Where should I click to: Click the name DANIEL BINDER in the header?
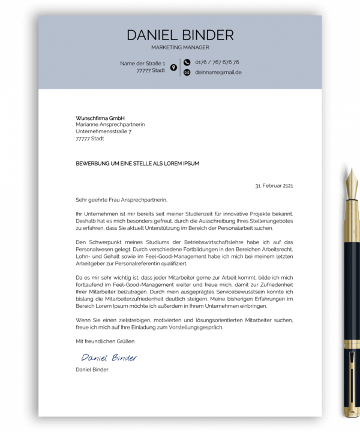tap(180, 35)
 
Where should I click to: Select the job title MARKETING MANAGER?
tap(180, 47)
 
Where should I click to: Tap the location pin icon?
tap(173, 67)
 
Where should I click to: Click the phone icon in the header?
tap(187, 62)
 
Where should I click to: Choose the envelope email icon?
tap(187, 72)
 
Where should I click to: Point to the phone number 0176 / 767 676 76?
tap(217, 62)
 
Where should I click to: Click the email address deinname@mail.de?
tap(218, 72)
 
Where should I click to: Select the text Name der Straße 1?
tap(142, 62)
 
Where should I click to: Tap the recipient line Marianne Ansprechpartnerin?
tap(110, 124)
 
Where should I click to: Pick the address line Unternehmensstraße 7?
tap(103, 131)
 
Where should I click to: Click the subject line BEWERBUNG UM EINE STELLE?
tap(137, 163)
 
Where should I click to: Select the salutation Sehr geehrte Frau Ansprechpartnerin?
tap(122, 200)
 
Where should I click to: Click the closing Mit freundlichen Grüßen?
tap(105, 341)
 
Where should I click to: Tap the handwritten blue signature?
tap(109, 357)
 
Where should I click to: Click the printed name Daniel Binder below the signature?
tap(92, 370)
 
